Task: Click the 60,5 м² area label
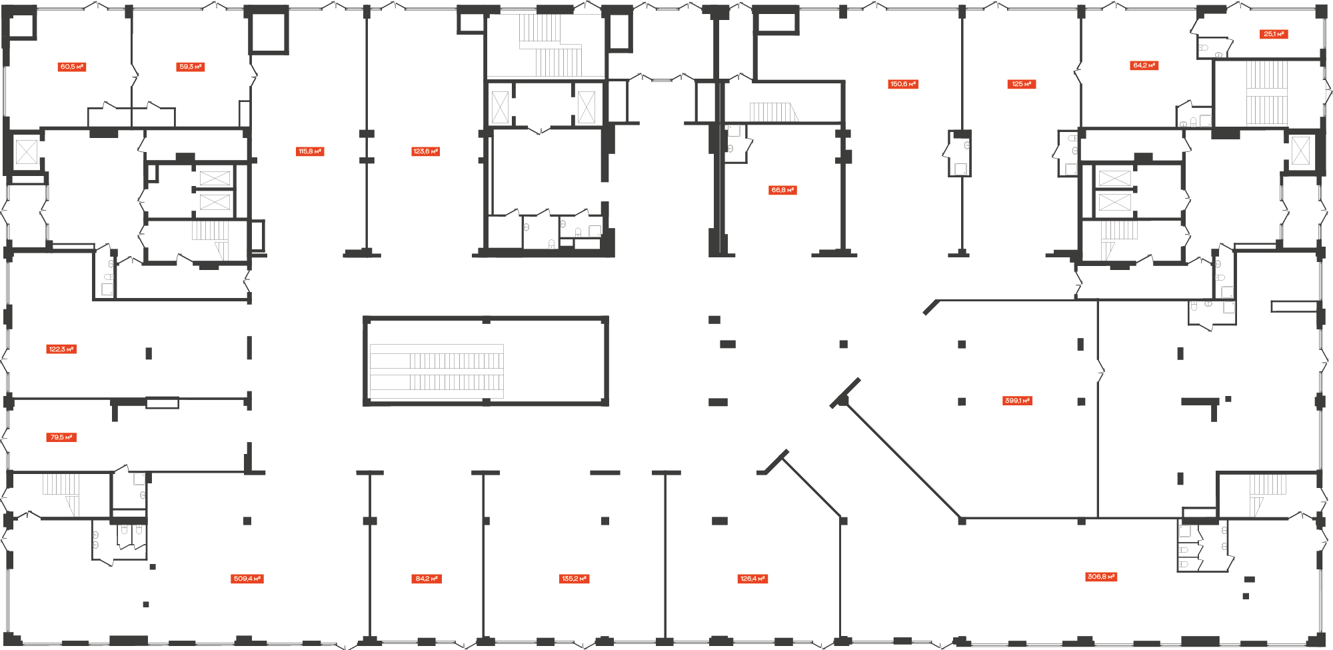tap(72, 67)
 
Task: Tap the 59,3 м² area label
tap(191, 67)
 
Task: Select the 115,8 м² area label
tap(310, 151)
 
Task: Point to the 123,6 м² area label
tap(426, 151)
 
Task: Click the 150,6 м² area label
tap(903, 84)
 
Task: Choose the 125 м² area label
tap(1022, 84)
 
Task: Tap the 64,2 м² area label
tap(1144, 65)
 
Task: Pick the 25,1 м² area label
tap(1274, 34)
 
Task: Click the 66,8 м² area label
tap(783, 190)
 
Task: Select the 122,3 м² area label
tap(62, 349)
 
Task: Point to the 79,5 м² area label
tap(62, 437)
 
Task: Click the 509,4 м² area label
tap(248, 579)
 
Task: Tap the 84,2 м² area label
tap(427, 579)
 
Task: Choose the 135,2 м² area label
tap(575, 579)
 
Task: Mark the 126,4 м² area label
tap(753, 579)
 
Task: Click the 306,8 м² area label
tap(1101, 577)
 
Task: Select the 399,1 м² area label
tap(1018, 401)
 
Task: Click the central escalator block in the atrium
tap(486, 361)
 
